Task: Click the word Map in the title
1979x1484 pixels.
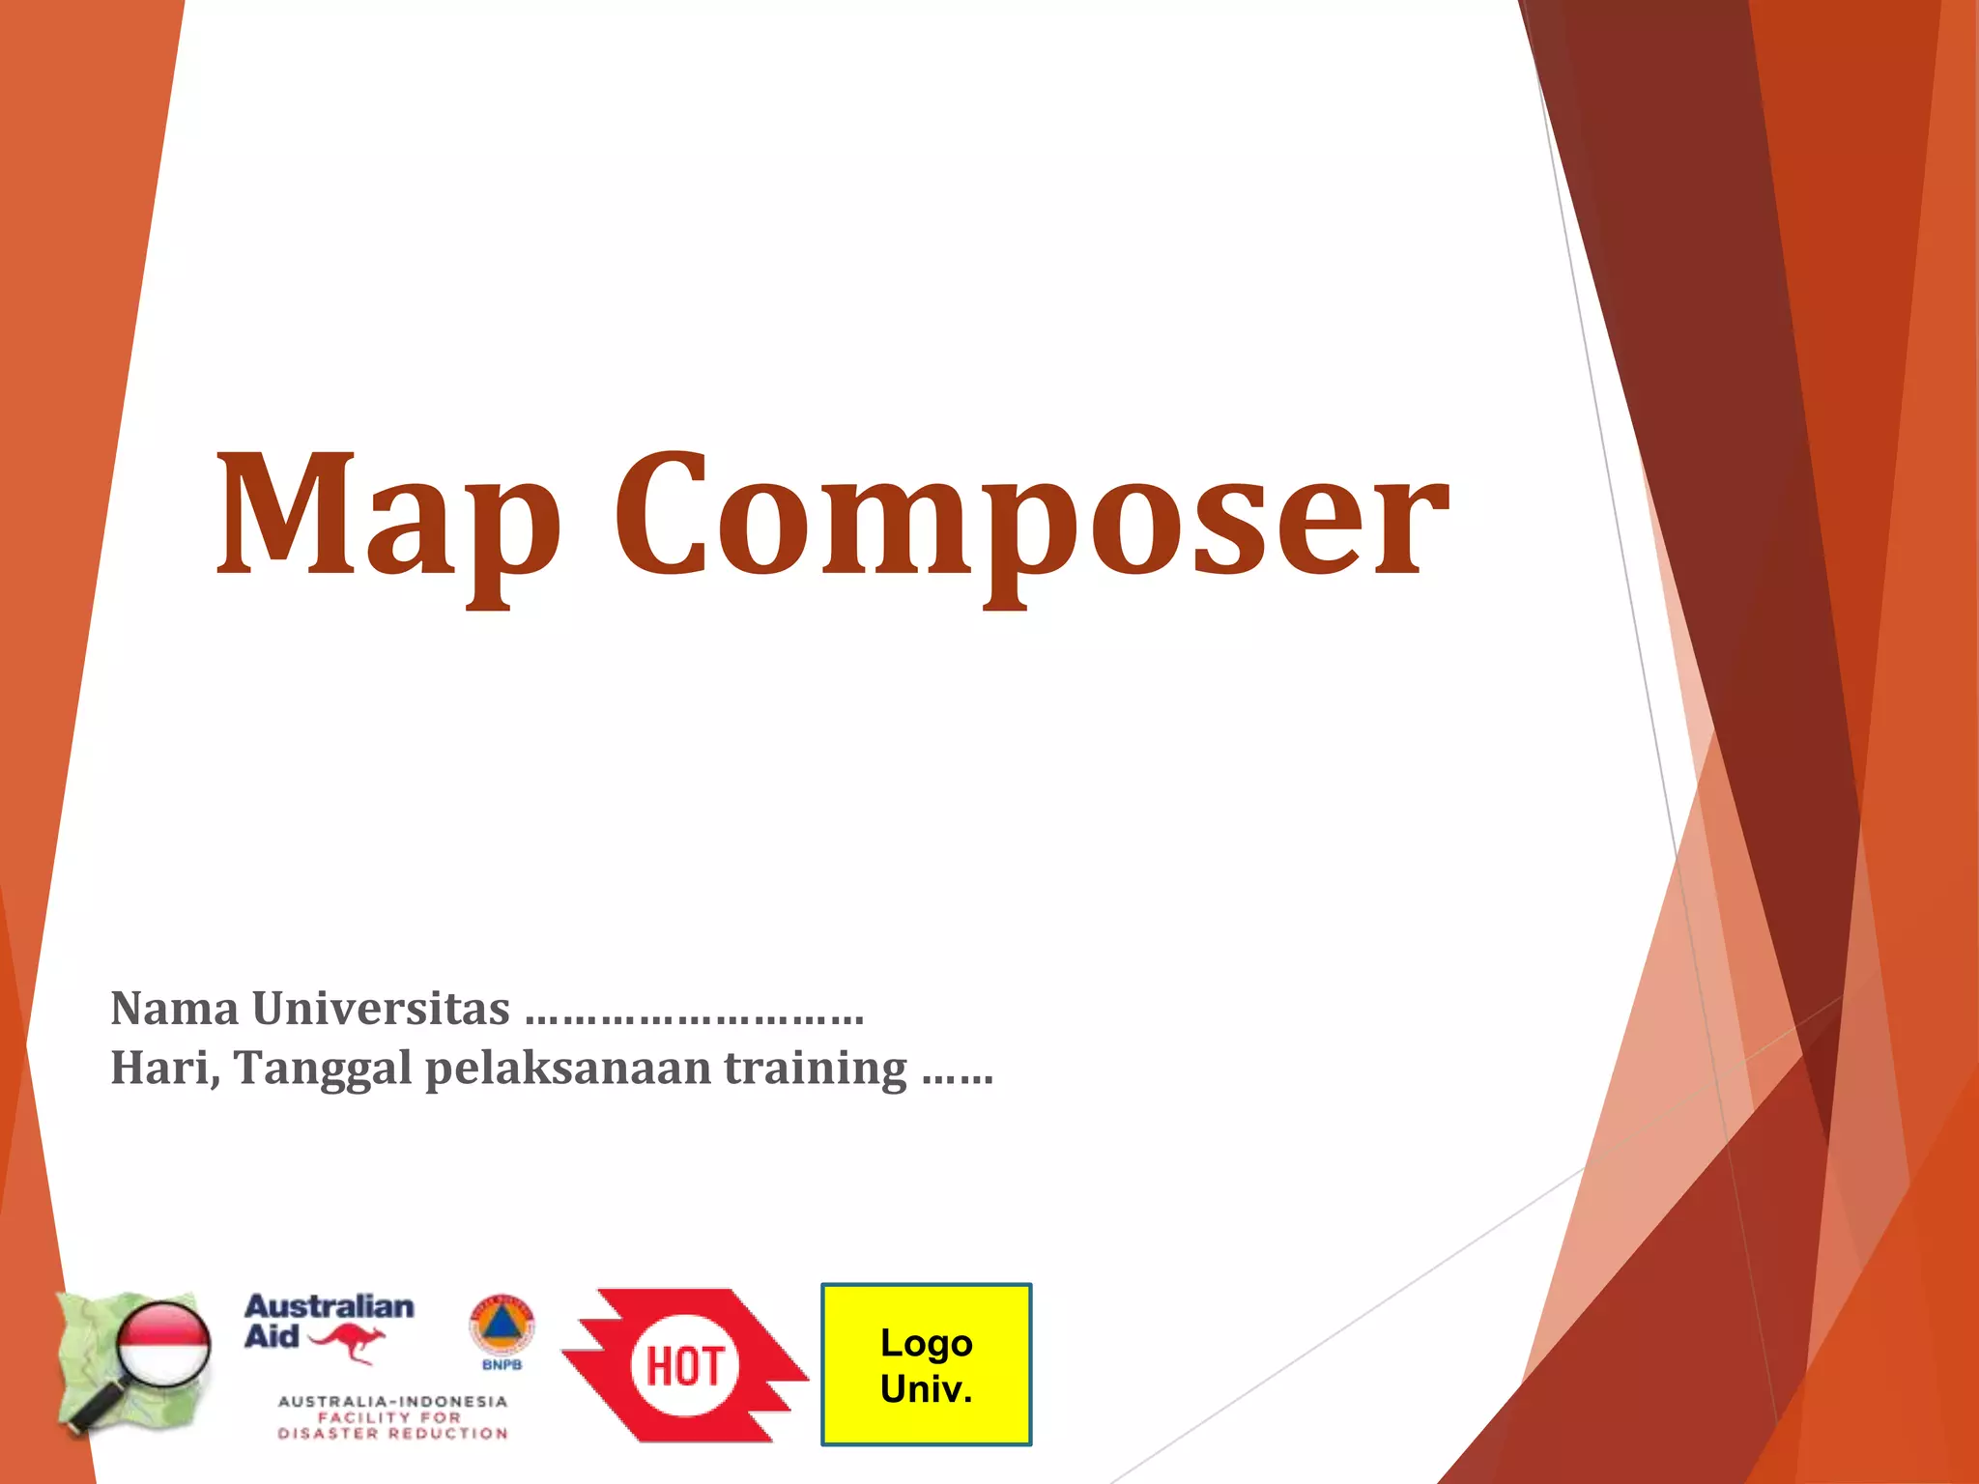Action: [x=387, y=517]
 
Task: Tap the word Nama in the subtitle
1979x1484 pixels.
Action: [x=175, y=1010]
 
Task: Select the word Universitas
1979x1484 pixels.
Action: [x=381, y=1010]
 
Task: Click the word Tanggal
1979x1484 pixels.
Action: [x=323, y=1070]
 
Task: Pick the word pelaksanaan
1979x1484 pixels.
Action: [x=568, y=1070]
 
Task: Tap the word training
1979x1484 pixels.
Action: [x=817, y=1070]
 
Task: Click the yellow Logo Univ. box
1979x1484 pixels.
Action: [x=926, y=1364]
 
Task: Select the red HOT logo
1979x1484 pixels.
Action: [x=684, y=1364]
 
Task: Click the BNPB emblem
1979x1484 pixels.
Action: [x=502, y=1326]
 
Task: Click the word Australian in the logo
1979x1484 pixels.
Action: [x=329, y=1307]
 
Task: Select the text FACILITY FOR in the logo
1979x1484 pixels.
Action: [x=390, y=1417]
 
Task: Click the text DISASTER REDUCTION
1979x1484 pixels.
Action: [x=392, y=1434]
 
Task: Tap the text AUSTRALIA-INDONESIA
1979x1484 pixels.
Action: [x=392, y=1401]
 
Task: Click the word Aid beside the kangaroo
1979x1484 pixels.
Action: [x=272, y=1337]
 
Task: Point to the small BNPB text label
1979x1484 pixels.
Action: [x=502, y=1365]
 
